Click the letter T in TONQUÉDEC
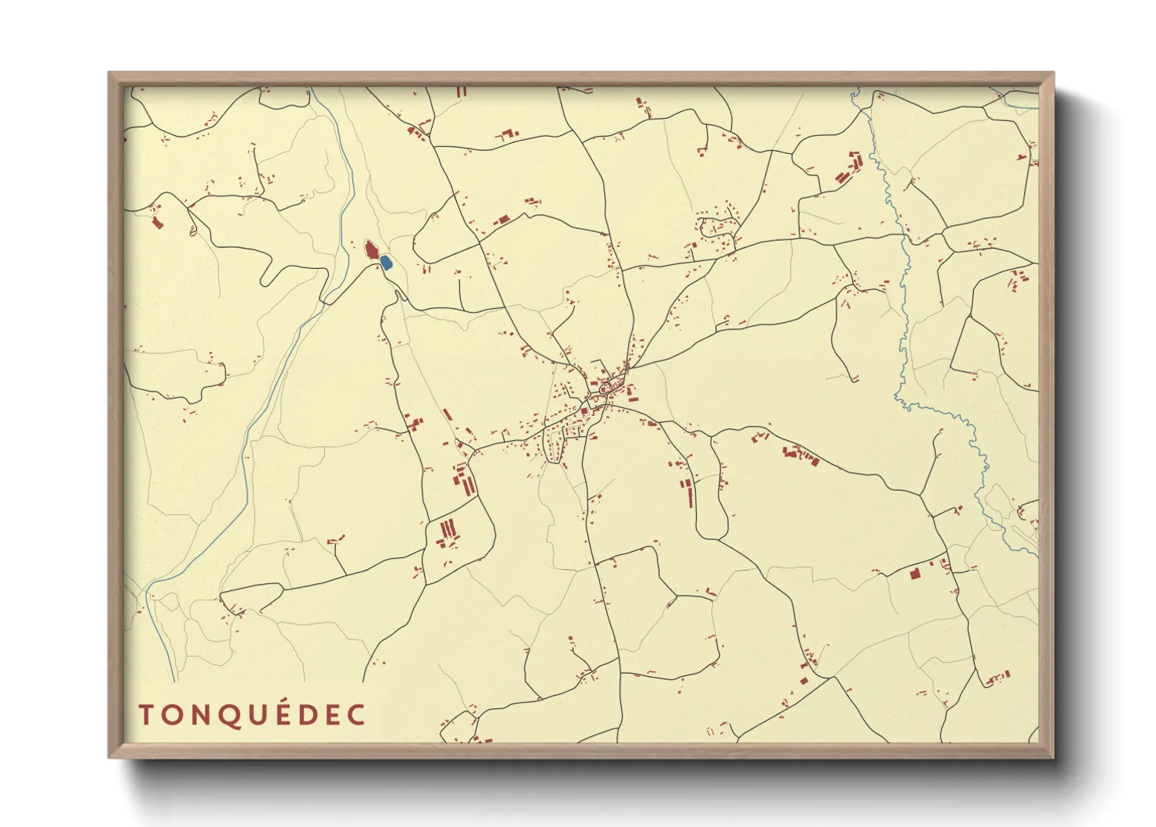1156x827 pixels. [x=146, y=714]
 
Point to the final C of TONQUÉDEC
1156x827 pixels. [x=357, y=714]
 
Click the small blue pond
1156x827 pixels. [x=386, y=263]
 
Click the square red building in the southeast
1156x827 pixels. [x=915, y=573]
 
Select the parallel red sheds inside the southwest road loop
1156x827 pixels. [x=448, y=532]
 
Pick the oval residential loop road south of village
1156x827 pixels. [x=555, y=446]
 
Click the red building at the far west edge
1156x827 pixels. [x=157, y=223]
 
